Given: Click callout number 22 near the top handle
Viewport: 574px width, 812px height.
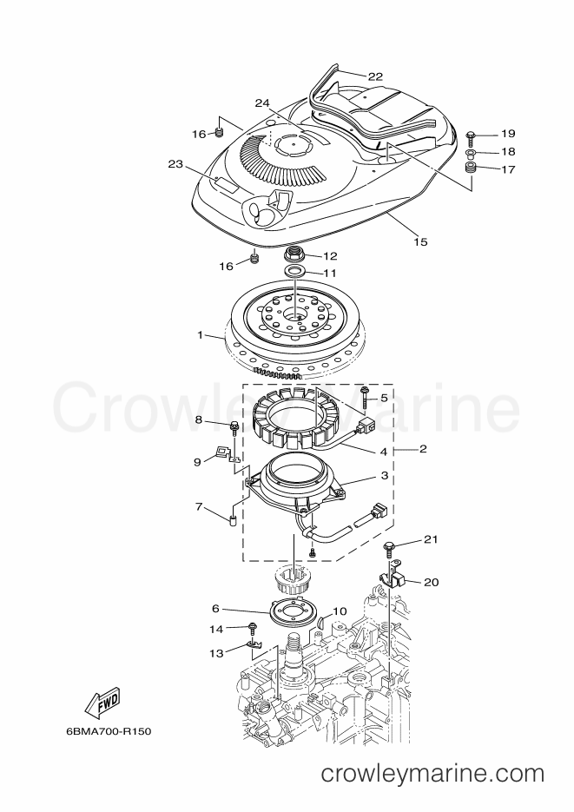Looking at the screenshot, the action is click(x=375, y=76).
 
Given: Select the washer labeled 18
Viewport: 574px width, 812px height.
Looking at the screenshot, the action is click(x=471, y=153).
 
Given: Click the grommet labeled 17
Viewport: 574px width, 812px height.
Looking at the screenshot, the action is click(x=471, y=168).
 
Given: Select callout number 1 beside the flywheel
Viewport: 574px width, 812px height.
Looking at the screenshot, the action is click(x=201, y=335).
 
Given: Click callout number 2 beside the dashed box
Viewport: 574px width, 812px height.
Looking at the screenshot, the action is click(x=423, y=449).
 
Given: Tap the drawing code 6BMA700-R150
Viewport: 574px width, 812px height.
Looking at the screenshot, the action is click(x=109, y=732).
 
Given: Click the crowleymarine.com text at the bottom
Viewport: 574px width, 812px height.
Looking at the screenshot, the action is click(x=432, y=774).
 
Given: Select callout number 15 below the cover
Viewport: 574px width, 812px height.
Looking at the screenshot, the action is click(x=421, y=241).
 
